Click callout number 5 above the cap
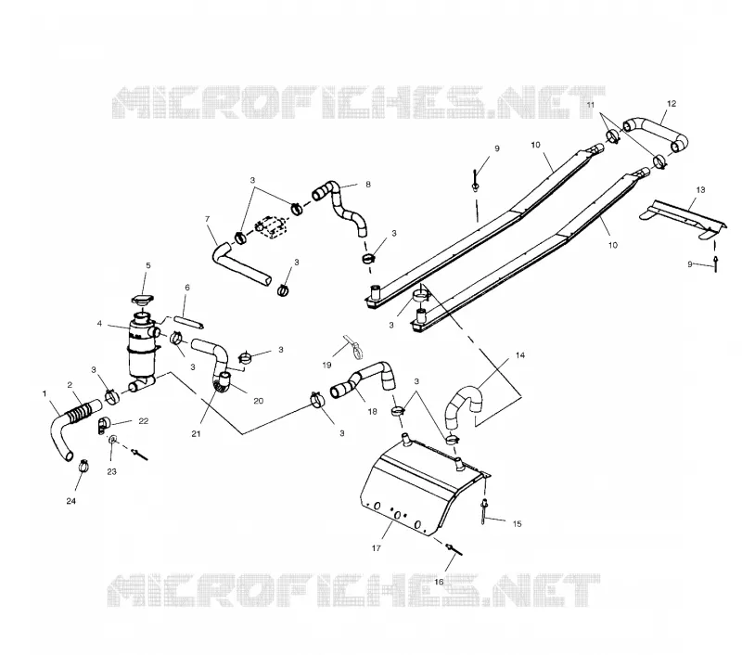(148, 265)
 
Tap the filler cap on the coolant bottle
(143, 301)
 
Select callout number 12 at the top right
(672, 104)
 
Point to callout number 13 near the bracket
(700, 190)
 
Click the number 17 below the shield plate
(377, 548)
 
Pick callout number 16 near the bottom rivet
(439, 582)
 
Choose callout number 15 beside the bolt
(517, 524)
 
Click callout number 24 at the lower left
(70, 501)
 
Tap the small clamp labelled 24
(83, 466)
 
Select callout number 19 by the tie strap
(326, 365)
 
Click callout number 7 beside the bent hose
(207, 219)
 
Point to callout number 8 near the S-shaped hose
(368, 185)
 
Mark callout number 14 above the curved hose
(520, 355)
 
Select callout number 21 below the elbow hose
(196, 433)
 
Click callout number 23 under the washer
(111, 471)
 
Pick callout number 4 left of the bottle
(99, 324)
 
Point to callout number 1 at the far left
(45, 393)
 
